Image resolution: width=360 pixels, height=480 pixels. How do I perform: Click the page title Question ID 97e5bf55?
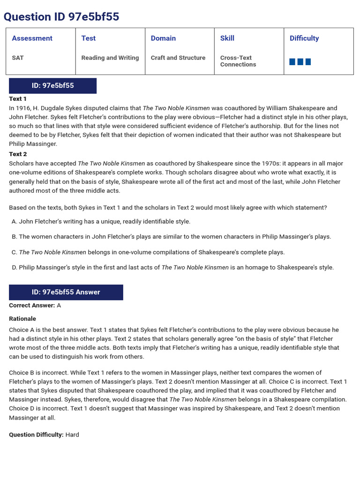point(61,17)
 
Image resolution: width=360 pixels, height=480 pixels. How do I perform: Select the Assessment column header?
point(32,38)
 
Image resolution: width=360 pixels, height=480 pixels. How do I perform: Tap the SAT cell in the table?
point(18,58)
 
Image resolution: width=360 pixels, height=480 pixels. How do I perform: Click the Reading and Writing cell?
point(110,58)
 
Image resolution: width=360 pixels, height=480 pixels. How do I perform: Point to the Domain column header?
point(163,38)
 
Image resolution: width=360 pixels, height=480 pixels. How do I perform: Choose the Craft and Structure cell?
point(178,58)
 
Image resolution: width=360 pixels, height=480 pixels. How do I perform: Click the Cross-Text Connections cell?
point(238,61)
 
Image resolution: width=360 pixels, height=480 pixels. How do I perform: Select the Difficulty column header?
point(304,38)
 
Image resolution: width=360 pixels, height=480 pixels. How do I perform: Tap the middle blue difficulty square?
point(300,62)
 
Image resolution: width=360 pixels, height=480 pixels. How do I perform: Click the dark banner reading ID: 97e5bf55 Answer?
point(66,292)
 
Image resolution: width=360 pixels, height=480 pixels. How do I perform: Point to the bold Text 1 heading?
point(18,99)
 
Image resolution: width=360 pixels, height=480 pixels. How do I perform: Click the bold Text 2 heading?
point(18,154)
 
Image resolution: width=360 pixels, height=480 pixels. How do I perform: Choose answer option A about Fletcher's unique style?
point(101,221)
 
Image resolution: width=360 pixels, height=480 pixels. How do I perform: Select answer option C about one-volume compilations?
point(148,252)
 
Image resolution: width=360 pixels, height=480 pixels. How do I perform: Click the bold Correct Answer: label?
point(32,306)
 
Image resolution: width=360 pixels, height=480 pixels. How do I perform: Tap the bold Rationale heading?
point(22,319)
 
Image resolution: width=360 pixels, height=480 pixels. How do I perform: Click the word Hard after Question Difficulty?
point(72,435)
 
